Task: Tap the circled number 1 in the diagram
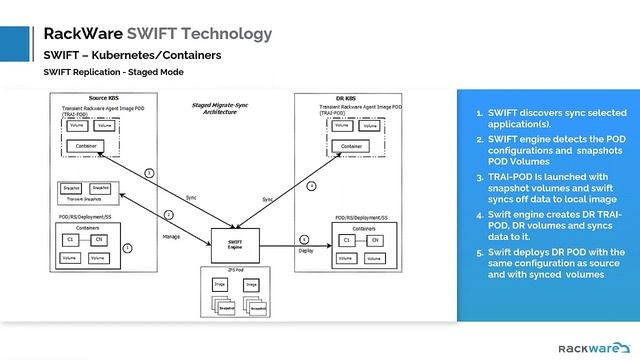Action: tap(127, 246)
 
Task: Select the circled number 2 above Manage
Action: tap(169, 214)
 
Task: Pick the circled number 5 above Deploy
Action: tap(304, 239)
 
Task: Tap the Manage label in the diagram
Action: tap(170, 236)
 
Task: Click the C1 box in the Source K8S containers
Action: tap(71, 239)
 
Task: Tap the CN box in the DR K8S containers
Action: tap(374, 240)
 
